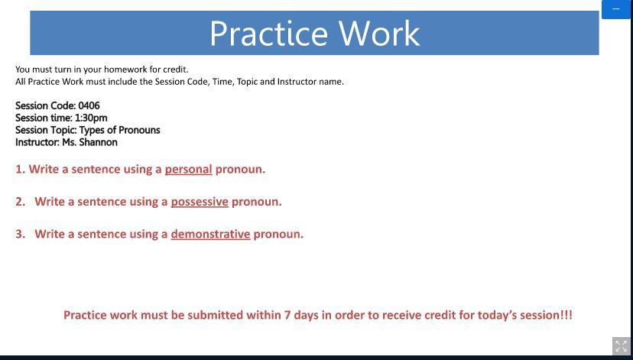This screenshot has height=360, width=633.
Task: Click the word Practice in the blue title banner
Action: tap(268, 34)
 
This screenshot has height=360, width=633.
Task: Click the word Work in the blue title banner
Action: tap(379, 34)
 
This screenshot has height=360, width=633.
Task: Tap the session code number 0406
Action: tap(89, 105)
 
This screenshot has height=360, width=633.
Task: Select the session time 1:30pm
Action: tap(91, 118)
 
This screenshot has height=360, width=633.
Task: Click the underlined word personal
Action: tap(188, 170)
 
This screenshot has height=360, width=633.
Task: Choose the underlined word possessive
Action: tap(200, 202)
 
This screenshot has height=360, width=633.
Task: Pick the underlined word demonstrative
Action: tap(210, 234)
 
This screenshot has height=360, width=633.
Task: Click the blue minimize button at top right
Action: tap(616, 9)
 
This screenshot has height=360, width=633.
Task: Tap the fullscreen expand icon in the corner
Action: tap(622, 346)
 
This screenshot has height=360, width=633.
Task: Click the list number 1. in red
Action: tap(20, 169)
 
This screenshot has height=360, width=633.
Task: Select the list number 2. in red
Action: tap(20, 201)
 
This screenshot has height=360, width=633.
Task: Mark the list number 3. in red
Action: tap(20, 234)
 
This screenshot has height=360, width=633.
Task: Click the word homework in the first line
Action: tap(121, 70)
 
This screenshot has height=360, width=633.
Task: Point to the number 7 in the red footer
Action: tap(287, 315)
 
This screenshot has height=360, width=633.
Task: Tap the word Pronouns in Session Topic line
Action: tap(139, 130)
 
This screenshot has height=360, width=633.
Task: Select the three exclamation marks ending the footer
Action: tap(566, 315)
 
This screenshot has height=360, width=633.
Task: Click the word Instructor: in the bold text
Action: tap(37, 142)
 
